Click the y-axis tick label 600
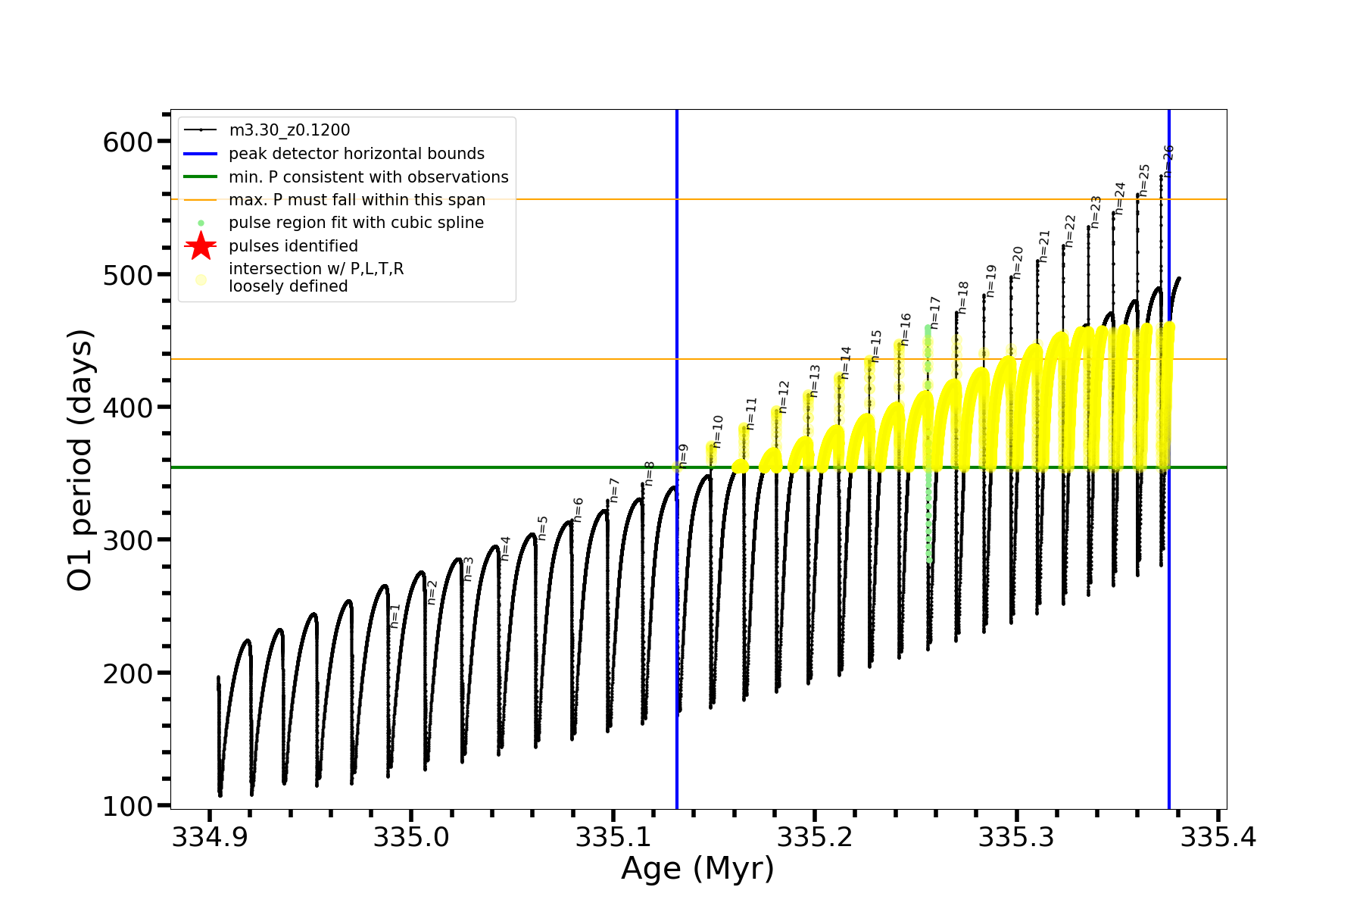(127, 142)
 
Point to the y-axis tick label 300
(127, 540)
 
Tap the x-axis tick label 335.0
(411, 837)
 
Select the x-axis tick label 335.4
(1218, 837)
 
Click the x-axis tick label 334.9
(210, 837)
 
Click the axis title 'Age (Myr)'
(697, 869)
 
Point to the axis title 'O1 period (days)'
(80, 460)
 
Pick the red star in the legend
(201, 246)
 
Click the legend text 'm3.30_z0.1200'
(289, 130)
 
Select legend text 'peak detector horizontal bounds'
(357, 154)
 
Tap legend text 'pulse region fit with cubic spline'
(356, 223)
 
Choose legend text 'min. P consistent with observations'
(369, 177)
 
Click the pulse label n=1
(395, 616)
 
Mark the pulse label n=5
(543, 528)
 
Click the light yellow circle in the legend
(201, 280)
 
